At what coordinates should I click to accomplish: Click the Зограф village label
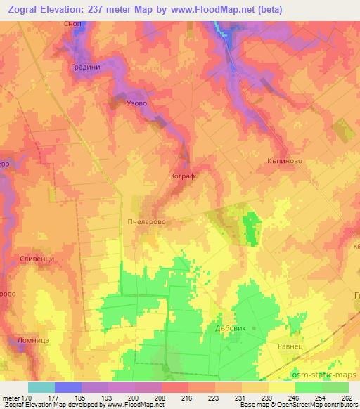182,176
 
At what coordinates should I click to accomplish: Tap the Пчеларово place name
147,220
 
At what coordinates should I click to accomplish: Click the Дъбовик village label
229,327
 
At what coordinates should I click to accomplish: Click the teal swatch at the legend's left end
41,387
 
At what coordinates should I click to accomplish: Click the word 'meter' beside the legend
10,397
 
